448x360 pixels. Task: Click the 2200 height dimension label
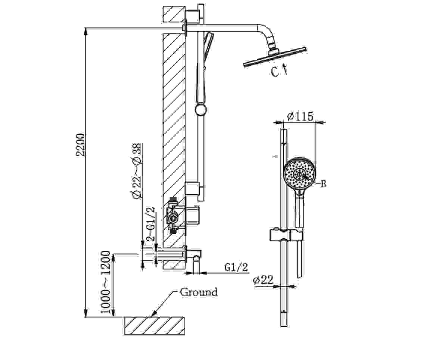pyautogui.click(x=81, y=145)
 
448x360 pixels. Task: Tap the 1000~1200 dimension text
pyautogui.click(x=105, y=282)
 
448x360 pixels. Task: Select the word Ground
pyautogui.click(x=199, y=292)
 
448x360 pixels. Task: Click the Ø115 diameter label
pyautogui.click(x=300, y=116)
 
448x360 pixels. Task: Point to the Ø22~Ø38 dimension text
pyautogui.click(x=137, y=171)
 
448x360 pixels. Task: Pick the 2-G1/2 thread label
pyautogui.click(x=151, y=224)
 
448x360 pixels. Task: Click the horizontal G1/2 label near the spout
pyautogui.click(x=236, y=267)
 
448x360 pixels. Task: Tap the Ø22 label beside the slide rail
pyautogui.click(x=263, y=280)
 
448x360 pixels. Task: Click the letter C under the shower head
pyautogui.click(x=275, y=72)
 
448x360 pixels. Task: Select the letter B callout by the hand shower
pyautogui.click(x=323, y=184)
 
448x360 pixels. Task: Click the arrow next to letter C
pyautogui.click(x=285, y=69)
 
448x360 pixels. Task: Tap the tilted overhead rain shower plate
pyautogui.click(x=275, y=57)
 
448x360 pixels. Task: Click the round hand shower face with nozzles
pyautogui.click(x=300, y=174)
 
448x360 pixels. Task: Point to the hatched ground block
pyautogui.click(x=155, y=326)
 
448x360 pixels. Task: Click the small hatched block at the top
pyautogui.click(x=174, y=14)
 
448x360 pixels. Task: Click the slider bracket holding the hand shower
pyautogui.click(x=286, y=235)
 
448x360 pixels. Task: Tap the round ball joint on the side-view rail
pyautogui.click(x=201, y=109)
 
